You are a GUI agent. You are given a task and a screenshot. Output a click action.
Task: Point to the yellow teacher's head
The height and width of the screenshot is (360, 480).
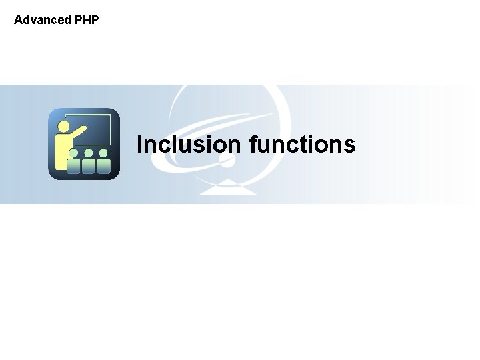click(x=64, y=125)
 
